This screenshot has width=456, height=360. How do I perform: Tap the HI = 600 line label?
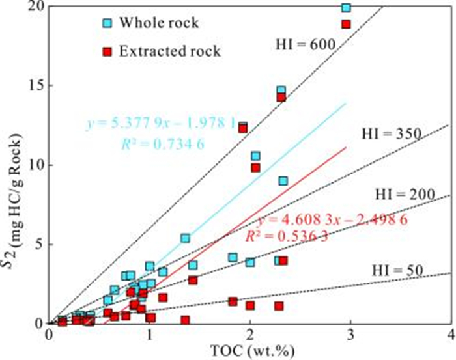pyautogui.click(x=305, y=44)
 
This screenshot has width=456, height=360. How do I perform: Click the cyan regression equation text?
pyautogui.click(x=159, y=124)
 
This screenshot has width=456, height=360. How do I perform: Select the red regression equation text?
pyautogui.click(x=332, y=219)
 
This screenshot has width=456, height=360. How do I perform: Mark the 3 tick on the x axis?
pyautogui.click(x=350, y=334)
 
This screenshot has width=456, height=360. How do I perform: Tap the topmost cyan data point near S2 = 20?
pyautogui.click(x=346, y=7)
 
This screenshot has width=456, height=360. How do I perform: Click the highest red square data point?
pyautogui.click(x=346, y=24)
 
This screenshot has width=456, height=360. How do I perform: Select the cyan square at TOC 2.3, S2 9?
pyautogui.click(x=283, y=180)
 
